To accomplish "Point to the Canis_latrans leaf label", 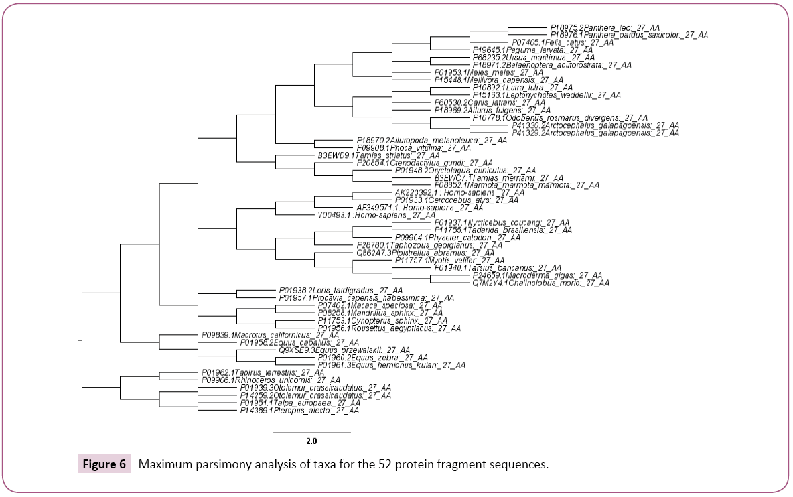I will (x=492, y=102).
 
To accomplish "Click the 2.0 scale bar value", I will (x=311, y=441).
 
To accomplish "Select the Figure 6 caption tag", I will (x=104, y=465).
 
